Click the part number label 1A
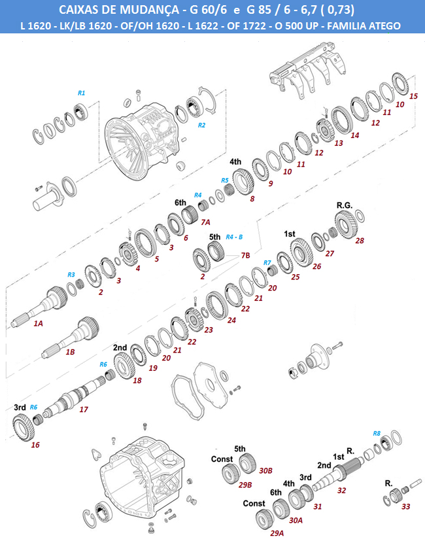(38, 323)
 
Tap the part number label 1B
(71, 352)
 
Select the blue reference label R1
(82, 93)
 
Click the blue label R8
(377, 434)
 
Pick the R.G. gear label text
(345, 205)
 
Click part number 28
(360, 240)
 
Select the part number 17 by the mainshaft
(84, 410)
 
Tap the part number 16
(35, 445)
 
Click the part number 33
(406, 506)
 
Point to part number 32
(341, 490)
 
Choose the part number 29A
(277, 533)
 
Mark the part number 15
(413, 96)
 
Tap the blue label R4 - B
(234, 236)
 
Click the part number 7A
(205, 223)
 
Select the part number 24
(231, 320)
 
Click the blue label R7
(267, 262)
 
